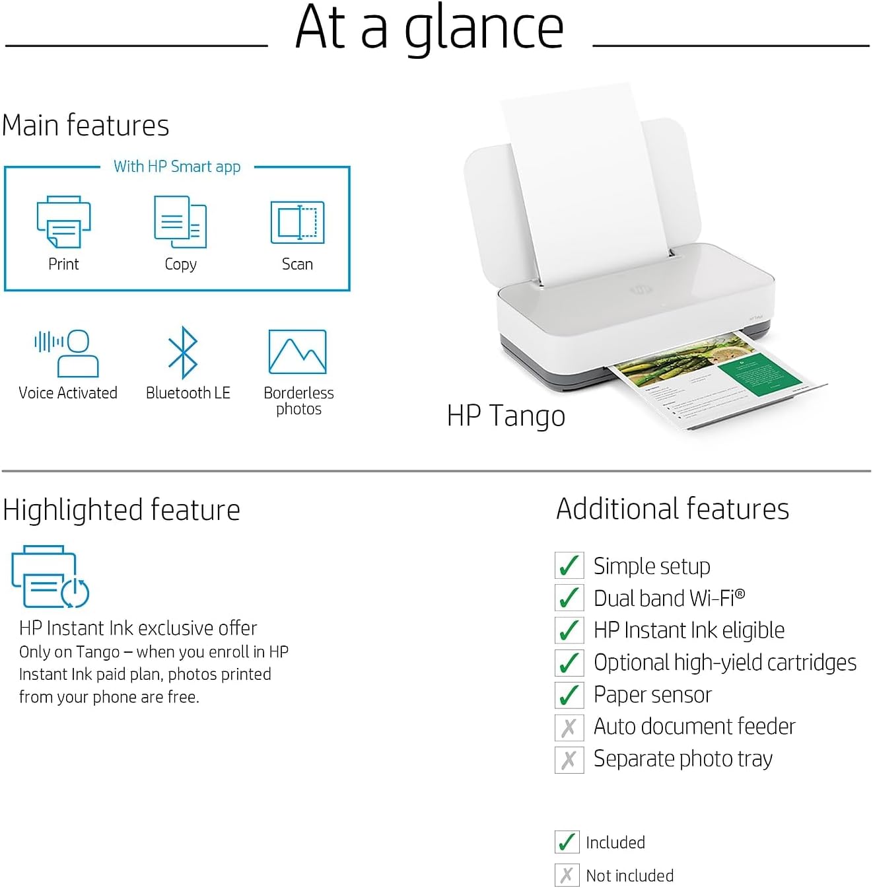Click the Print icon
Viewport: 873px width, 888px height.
(x=63, y=222)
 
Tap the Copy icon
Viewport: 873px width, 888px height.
(x=180, y=221)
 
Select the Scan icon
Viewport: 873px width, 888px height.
(x=297, y=222)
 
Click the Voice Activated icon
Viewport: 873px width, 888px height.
(x=67, y=353)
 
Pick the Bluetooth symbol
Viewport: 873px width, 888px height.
(x=183, y=353)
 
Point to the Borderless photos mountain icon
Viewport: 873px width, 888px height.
(x=297, y=352)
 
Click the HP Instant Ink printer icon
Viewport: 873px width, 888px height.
(x=50, y=576)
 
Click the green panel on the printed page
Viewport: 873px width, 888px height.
(x=759, y=374)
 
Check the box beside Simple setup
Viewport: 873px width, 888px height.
(x=569, y=566)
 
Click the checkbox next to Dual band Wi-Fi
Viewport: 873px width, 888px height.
(x=569, y=598)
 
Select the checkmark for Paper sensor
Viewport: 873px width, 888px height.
(x=569, y=695)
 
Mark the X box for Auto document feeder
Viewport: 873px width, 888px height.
(x=569, y=727)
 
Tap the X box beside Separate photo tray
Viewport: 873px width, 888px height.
(x=569, y=760)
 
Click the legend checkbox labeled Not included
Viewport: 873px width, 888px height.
(x=567, y=875)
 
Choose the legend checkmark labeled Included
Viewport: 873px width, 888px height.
(x=567, y=842)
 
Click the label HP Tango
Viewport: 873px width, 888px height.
(x=506, y=416)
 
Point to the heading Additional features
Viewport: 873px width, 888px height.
(x=672, y=509)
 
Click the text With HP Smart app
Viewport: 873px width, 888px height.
(x=177, y=166)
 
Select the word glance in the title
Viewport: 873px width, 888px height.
(x=483, y=30)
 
